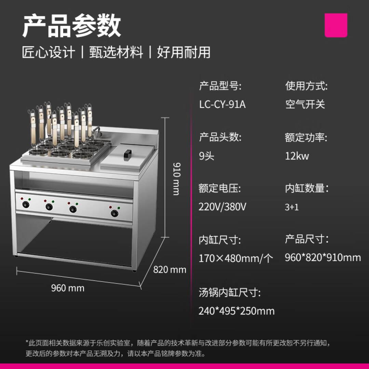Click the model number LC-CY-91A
click(x=222, y=104)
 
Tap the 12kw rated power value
click(x=297, y=156)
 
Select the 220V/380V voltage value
click(x=222, y=207)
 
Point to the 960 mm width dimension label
click(x=68, y=288)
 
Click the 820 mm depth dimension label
click(x=170, y=270)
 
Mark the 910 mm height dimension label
click(x=177, y=179)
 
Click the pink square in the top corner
click(x=336, y=25)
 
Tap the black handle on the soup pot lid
click(x=127, y=155)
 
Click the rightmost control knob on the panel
click(x=114, y=214)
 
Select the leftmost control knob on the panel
click(x=26, y=204)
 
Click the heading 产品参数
click(x=71, y=25)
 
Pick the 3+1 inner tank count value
click(x=292, y=207)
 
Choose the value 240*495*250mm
click(x=236, y=311)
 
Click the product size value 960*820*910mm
click(x=323, y=258)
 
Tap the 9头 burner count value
click(x=207, y=156)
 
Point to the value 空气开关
click(x=305, y=104)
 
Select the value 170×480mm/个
click(x=236, y=258)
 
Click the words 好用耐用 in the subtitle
click(x=184, y=52)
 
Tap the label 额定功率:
click(x=306, y=137)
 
